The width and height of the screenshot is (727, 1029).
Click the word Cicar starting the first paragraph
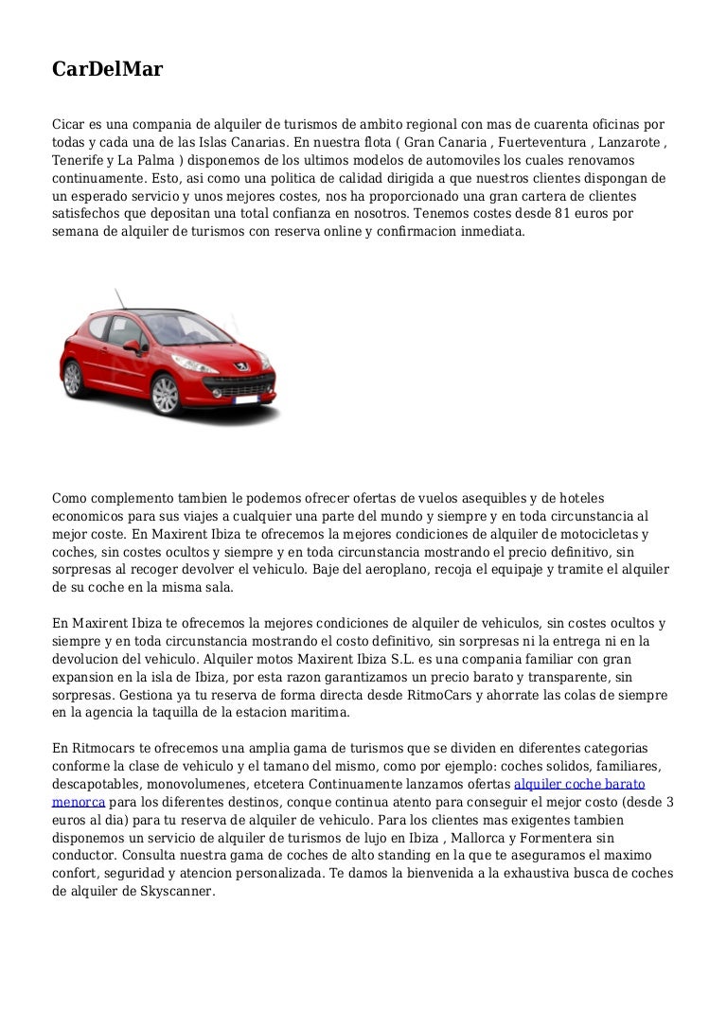tap(69, 125)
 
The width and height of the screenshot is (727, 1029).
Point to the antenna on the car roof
tap(118, 296)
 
